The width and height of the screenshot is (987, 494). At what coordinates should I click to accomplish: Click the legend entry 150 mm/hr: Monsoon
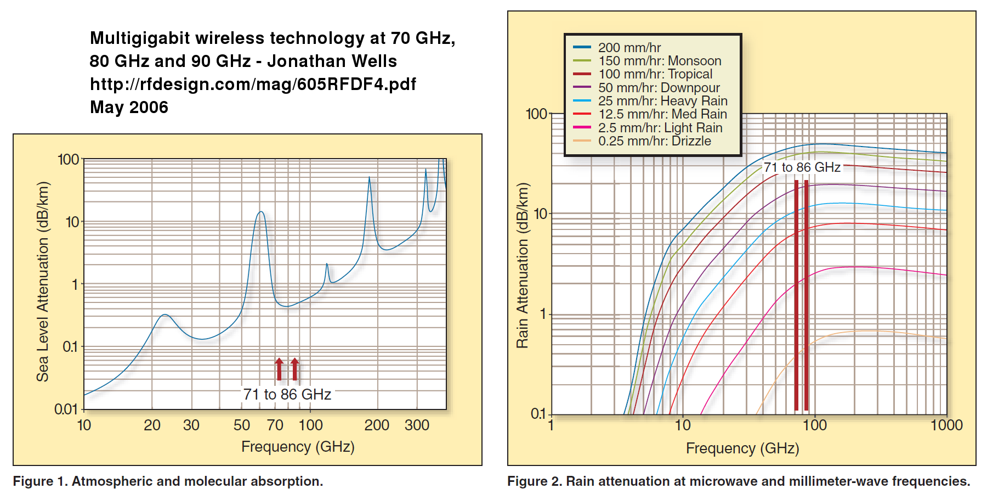point(659,61)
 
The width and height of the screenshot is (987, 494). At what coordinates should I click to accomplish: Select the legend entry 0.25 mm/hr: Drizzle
point(654,141)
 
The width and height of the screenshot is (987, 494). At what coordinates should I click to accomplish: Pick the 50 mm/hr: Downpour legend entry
point(659,88)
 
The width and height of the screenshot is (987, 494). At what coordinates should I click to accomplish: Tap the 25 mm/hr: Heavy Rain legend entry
point(662,101)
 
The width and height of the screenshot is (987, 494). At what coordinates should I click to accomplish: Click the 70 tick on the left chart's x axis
point(275,425)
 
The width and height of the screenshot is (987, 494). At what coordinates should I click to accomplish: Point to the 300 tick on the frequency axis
point(417,425)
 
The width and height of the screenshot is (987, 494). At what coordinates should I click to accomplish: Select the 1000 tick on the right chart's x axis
point(946,425)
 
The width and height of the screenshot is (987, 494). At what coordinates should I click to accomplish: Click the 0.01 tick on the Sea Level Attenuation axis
point(66,409)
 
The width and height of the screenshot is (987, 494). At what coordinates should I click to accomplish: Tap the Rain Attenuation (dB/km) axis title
point(523,266)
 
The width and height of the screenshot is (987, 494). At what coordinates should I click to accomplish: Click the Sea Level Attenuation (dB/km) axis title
point(43,282)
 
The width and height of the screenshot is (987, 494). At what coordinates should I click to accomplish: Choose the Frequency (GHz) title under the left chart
point(298,447)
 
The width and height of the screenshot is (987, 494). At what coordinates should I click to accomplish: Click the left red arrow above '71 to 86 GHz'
point(279,369)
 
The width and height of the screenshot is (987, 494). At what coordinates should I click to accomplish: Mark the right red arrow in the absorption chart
point(295,369)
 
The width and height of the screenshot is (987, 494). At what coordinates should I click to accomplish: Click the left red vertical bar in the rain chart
point(796,296)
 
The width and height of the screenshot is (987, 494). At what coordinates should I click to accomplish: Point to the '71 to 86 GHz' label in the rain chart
point(802,167)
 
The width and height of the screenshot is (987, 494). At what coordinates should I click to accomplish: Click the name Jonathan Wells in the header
point(332,61)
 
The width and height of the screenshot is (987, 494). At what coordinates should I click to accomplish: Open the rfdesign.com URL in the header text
point(253,84)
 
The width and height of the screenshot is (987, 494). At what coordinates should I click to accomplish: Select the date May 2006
point(129,107)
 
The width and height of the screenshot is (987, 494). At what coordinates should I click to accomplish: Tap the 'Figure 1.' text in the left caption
point(40,481)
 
